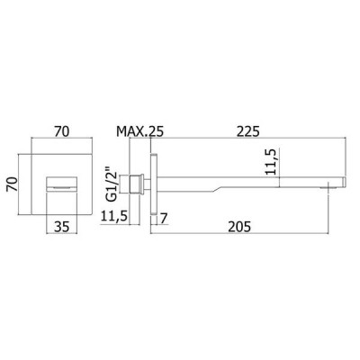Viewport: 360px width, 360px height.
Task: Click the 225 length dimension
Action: coord(247,131)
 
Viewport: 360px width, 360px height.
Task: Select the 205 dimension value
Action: coord(239,227)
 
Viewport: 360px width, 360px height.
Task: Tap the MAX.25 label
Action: coord(140,131)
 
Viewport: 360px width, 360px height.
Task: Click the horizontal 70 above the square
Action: coord(61,131)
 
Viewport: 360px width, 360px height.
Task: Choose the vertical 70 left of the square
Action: coord(11,184)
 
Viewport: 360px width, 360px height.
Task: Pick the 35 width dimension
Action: coord(61,227)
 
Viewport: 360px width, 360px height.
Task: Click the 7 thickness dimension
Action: coord(164,219)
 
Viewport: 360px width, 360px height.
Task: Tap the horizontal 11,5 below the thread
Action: coord(114,216)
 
